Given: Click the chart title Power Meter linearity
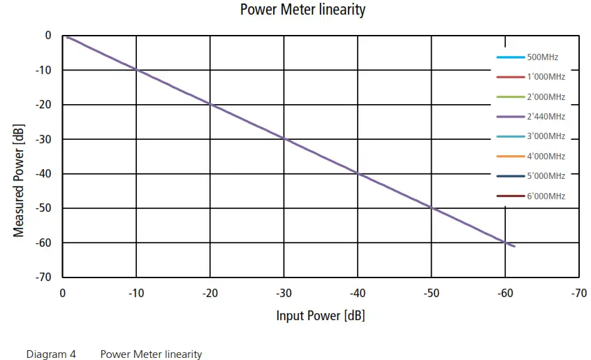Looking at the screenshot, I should click(302, 10).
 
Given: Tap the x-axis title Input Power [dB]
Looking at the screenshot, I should click(320, 316).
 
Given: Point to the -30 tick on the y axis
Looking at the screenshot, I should click(43, 139).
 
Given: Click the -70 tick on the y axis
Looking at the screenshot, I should click(43, 278).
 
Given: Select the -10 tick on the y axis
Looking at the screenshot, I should click(43, 70).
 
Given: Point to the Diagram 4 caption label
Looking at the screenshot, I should click(51, 354).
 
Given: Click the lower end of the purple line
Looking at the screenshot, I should click(514, 246).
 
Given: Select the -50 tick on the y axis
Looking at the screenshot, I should click(43, 208).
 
